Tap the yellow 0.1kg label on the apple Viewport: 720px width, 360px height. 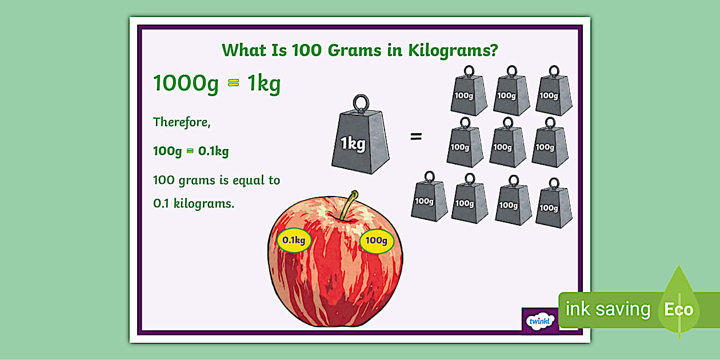(x=294, y=240)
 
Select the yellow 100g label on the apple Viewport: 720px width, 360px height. (x=376, y=240)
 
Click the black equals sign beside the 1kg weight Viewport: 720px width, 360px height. (x=416, y=137)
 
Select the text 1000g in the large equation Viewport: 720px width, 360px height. (x=186, y=83)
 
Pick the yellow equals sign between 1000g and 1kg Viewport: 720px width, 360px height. (x=233, y=83)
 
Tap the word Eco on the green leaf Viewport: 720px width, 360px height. (x=678, y=310)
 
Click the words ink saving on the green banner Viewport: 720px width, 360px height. (x=607, y=309)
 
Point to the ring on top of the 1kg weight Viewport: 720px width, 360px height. (x=360, y=103)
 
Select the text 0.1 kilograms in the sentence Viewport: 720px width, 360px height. (x=194, y=203)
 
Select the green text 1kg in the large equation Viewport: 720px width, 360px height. (x=263, y=83)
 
